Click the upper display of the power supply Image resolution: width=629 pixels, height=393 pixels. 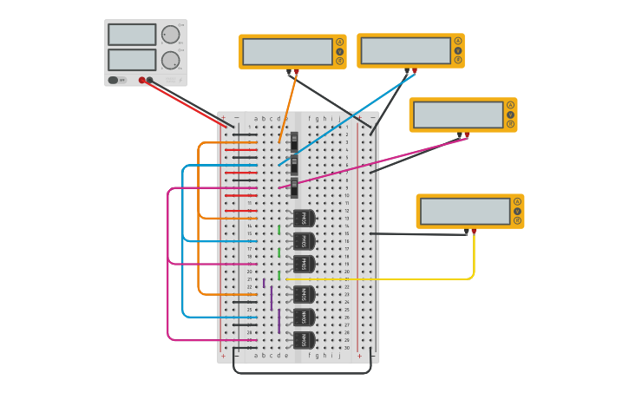coord(132,35)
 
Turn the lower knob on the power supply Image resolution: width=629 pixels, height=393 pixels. coord(170,61)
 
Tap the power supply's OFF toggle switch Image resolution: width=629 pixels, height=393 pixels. coord(114,81)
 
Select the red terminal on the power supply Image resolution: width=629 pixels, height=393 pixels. coord(142,81)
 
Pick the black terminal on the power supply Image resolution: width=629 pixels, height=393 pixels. coord(150,81)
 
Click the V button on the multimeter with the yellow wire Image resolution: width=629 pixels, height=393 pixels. coord(517,211)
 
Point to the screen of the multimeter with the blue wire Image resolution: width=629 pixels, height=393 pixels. coord(405,50)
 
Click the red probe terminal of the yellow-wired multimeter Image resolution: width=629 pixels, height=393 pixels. coord(474,231)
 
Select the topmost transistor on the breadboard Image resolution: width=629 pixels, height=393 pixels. coord(304,219)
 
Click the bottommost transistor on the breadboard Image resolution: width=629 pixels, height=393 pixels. coord(304,340)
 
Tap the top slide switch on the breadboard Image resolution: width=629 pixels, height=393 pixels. coord(295,141)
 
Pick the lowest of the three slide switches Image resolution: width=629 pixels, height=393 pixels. coord(295,187)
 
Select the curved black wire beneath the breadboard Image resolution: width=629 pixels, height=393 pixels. coord(302,373)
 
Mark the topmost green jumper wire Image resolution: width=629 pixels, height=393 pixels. coord(279,230)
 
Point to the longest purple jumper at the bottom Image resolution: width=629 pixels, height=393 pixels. coord(279,321)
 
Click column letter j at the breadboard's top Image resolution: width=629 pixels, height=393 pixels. coord(339,118)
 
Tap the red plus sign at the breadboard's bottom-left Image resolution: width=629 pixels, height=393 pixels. coord(223,356)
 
